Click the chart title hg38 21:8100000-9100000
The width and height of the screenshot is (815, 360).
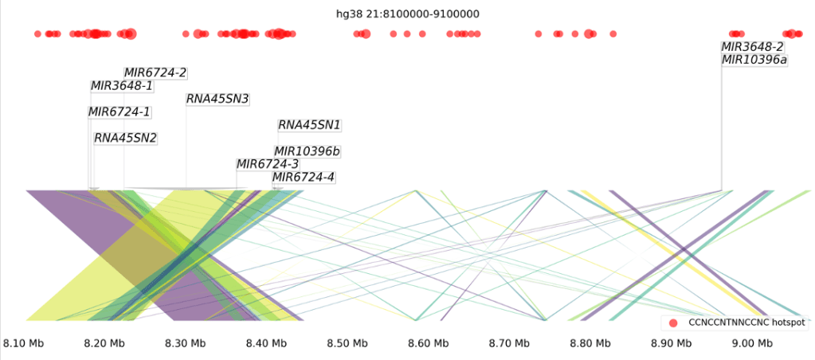[x=407, y=14]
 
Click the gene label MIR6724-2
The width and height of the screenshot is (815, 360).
[x=155, y=72]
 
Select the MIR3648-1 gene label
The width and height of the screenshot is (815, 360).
[x=122, y=86]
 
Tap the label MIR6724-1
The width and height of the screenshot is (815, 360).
[x=120, y=112]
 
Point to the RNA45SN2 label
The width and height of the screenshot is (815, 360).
[x=125, y=138]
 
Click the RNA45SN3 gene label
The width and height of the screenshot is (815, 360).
[x=217, y=99]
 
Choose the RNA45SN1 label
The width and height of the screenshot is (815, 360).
[x=309, y=125]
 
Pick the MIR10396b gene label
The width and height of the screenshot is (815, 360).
[x=307, y=151]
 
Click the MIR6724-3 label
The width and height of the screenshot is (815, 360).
[x=268, y=164]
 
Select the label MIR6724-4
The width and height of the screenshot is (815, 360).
[x=304, y=177]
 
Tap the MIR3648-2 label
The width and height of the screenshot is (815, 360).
[x=752, y=46]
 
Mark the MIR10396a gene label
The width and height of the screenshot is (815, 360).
[x=754, y=60]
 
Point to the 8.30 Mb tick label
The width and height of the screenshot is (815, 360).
[x=185, y=343]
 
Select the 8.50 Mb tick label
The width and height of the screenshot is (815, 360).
[x=347, y=343]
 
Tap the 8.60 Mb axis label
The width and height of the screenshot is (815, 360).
[x=428, y=343]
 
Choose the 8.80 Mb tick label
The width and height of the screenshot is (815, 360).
[x=590, y=343]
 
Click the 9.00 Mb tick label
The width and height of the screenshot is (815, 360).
[x=752, y=343]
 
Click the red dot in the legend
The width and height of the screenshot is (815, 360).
[x=673, y=323]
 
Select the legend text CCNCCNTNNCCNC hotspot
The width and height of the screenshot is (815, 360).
[x=746, y=323]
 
